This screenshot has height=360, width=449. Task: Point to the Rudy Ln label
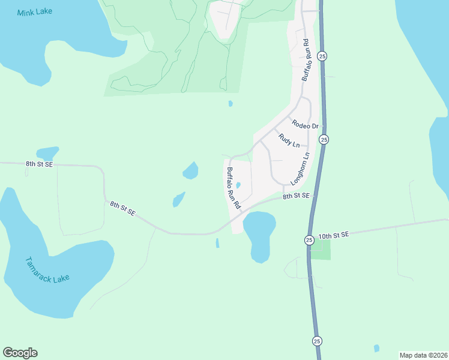[x=289, y=141]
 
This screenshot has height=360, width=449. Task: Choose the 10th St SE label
[x=333, y=235]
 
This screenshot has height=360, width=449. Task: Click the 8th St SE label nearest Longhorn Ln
[x=296, y=196]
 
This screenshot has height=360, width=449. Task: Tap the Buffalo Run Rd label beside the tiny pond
[x=234, y=188]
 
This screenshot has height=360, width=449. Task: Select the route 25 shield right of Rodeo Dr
[x=324, y=139]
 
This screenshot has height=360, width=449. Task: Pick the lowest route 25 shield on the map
[x=317, y=341]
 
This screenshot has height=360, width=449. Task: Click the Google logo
[x=20, y=353]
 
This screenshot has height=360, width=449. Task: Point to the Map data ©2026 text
[x=424, y=355]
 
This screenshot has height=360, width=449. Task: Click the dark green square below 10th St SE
[x=321, y=250]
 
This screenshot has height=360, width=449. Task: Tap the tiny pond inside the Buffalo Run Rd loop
[x=238, y=185]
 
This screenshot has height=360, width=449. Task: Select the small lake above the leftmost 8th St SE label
[x=47, y=153]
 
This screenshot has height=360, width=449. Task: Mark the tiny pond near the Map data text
[x=376, y=348]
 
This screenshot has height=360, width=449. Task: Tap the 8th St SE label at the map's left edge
[x=40, y=164]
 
